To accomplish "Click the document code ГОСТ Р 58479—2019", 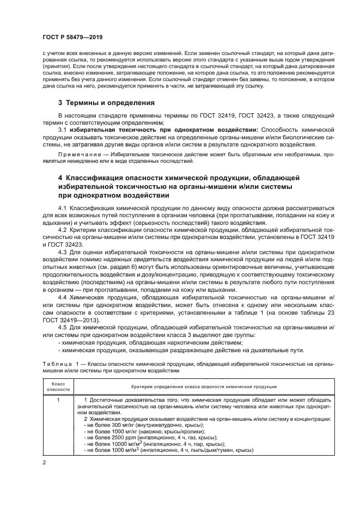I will [x=72, y=37].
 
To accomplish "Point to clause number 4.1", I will [x=62, y=209].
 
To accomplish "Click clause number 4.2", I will [x=62, y=230].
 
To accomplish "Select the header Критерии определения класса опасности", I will [x=204, y=386].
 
